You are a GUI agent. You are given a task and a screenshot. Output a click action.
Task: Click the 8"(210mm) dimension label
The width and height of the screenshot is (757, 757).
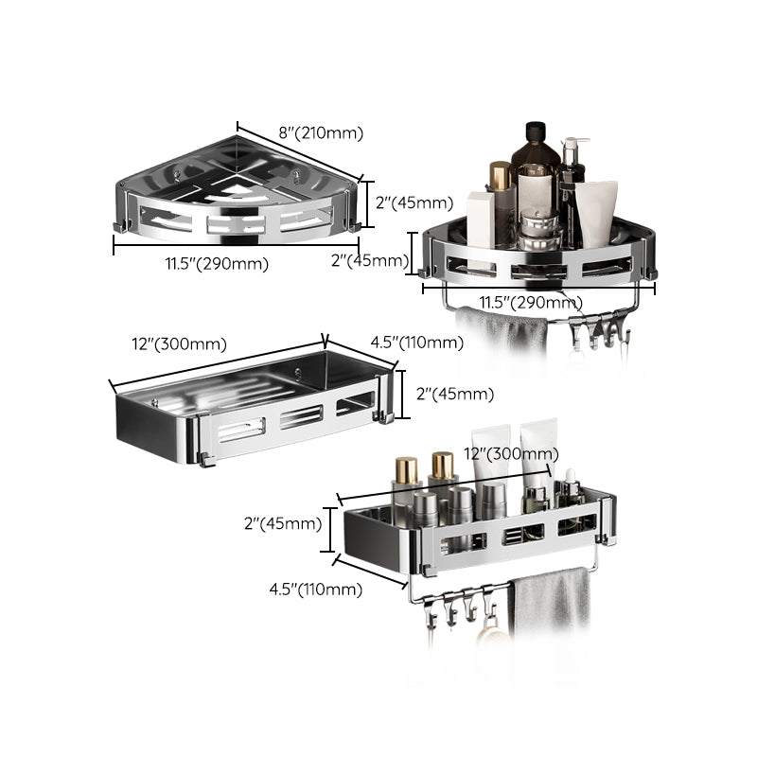(320, 132)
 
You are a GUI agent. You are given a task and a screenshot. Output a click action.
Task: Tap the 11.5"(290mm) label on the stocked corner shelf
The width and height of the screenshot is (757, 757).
(530, 302)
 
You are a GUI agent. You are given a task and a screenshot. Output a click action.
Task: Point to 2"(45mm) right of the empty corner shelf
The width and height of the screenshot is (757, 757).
(414, 202)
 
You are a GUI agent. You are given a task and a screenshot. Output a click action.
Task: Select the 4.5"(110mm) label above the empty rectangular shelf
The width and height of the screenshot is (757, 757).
(408, 343)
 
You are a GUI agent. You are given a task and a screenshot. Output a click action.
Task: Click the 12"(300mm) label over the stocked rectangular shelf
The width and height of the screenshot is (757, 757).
(507, 454)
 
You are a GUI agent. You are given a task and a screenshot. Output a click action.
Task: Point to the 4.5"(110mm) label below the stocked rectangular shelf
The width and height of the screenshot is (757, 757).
(315, 590)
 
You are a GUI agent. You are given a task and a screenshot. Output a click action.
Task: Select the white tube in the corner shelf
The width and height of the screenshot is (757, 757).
(596, 213)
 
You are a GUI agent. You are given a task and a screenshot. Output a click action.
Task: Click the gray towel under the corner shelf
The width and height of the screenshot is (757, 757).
(502, 331)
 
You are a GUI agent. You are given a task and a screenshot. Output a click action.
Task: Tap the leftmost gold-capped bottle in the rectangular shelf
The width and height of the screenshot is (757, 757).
(406, 483)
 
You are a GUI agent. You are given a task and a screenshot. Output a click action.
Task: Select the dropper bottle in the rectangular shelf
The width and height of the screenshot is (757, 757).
(570, 492)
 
